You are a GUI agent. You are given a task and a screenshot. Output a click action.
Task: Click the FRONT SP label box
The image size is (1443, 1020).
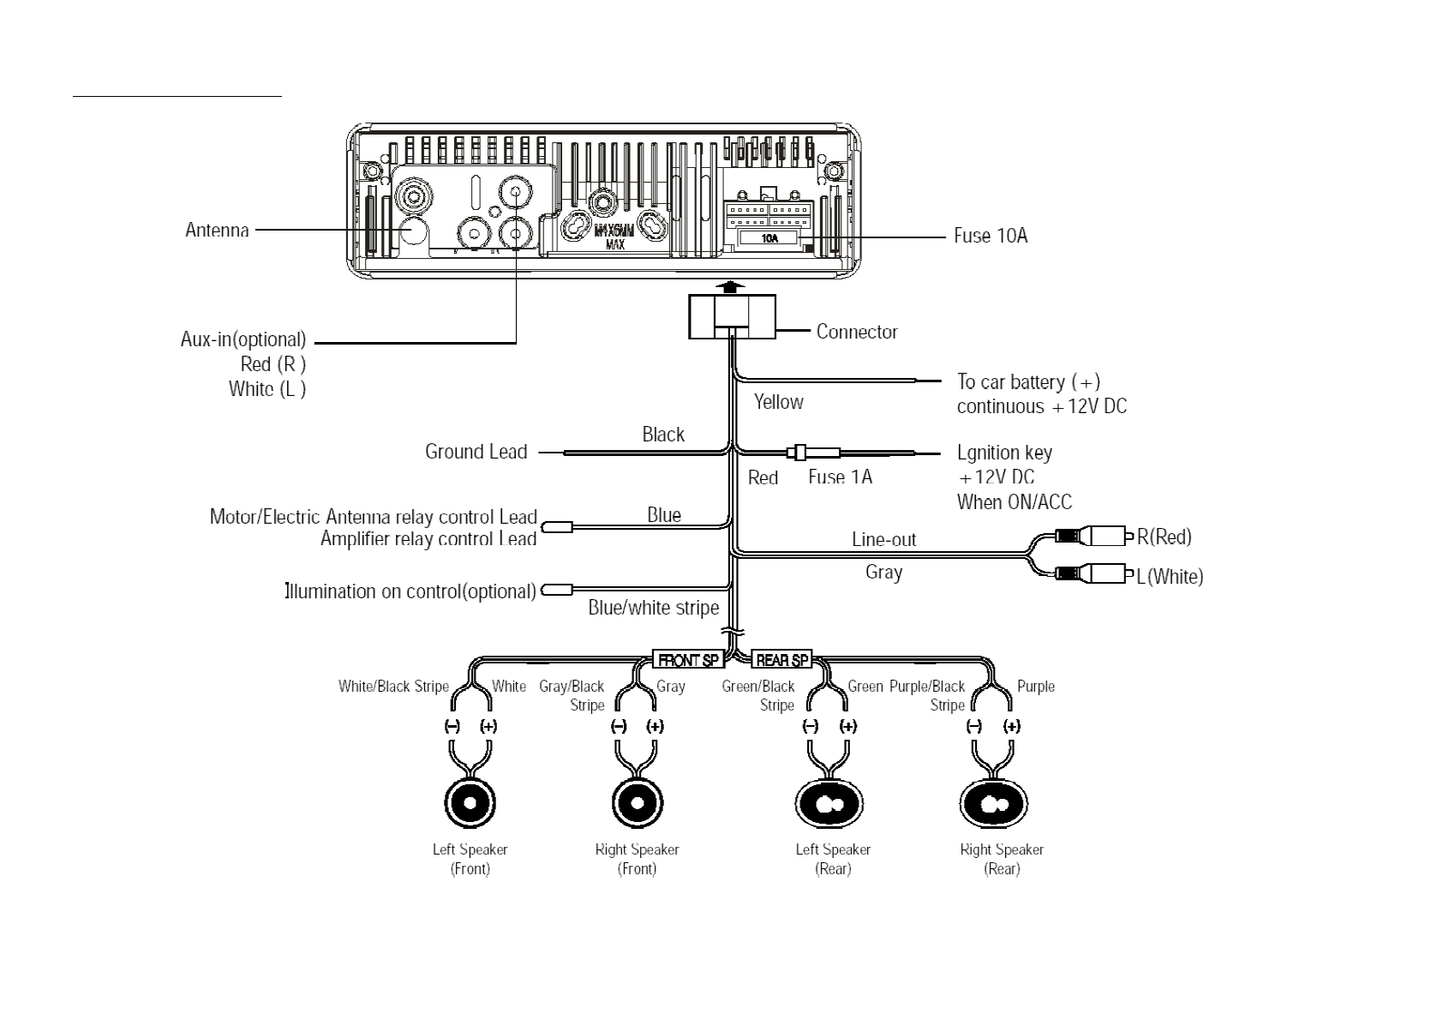[688, 660]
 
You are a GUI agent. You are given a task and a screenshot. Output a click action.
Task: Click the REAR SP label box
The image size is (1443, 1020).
[781, 660]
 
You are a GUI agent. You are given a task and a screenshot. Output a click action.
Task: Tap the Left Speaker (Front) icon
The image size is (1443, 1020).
[470, 803]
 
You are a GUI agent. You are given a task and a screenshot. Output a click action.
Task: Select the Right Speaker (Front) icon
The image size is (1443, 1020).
[638, 803]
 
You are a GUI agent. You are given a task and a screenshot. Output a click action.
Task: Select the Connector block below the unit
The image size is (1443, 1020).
[732, 315]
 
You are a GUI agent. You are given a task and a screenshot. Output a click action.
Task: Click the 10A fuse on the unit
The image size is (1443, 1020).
[769, 238]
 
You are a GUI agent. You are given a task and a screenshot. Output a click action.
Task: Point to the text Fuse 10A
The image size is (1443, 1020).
[991, 236]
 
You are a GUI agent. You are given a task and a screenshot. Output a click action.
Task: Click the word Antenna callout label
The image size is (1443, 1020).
[217, 230]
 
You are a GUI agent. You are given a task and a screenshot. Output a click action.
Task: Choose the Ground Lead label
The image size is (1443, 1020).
[476, 452]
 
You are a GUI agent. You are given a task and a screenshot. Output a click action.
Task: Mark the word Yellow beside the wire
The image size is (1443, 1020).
[778, 402]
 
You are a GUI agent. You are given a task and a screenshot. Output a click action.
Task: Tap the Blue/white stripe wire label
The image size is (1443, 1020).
[653, 608]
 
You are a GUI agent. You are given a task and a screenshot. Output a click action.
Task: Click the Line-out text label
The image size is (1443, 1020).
[883, 539]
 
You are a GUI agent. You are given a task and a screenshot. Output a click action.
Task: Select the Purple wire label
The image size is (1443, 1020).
[1035, 687]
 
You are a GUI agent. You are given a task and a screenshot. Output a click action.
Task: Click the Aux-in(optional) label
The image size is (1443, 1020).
[243, 339]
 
